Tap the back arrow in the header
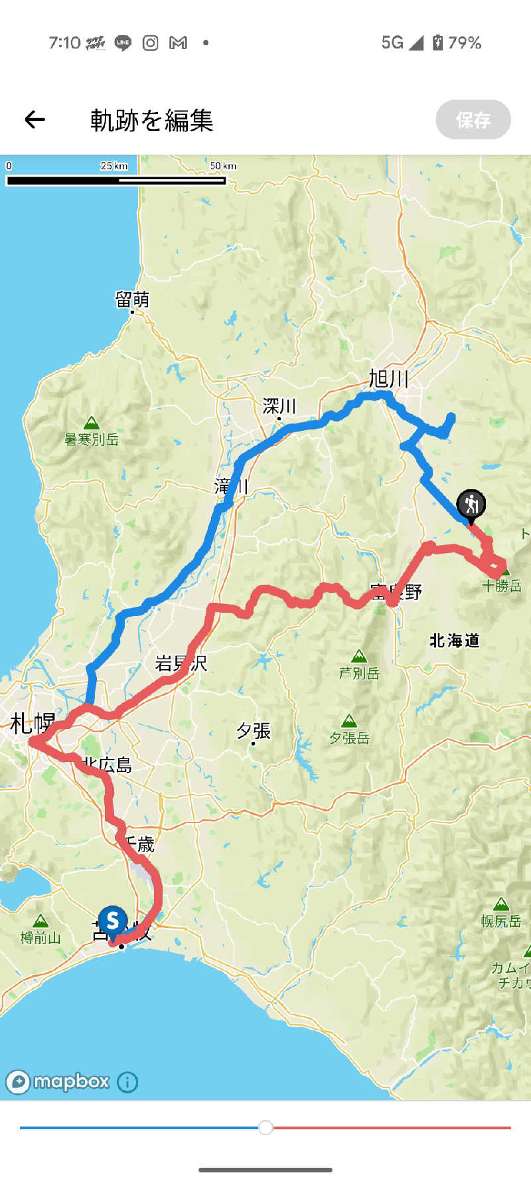[35, 119]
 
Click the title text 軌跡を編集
[151, 120]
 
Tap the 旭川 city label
[388, 379]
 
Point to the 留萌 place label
[132, 299]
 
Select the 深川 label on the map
[279, 406]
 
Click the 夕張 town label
[254, 731]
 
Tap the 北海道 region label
[454, 641]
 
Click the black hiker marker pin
[471, 505]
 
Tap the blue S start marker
[113, 921]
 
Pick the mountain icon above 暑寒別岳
[92, 423]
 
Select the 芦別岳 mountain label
[359, 673]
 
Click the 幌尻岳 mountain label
[501, 921]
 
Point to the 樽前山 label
[40, 937]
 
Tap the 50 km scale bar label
[223, 166]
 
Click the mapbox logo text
[71, 1081]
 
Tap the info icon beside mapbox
[127, 1082]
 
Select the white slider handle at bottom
[265, 1127]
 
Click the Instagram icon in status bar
[151, 43]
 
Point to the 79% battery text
[465, 43]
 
